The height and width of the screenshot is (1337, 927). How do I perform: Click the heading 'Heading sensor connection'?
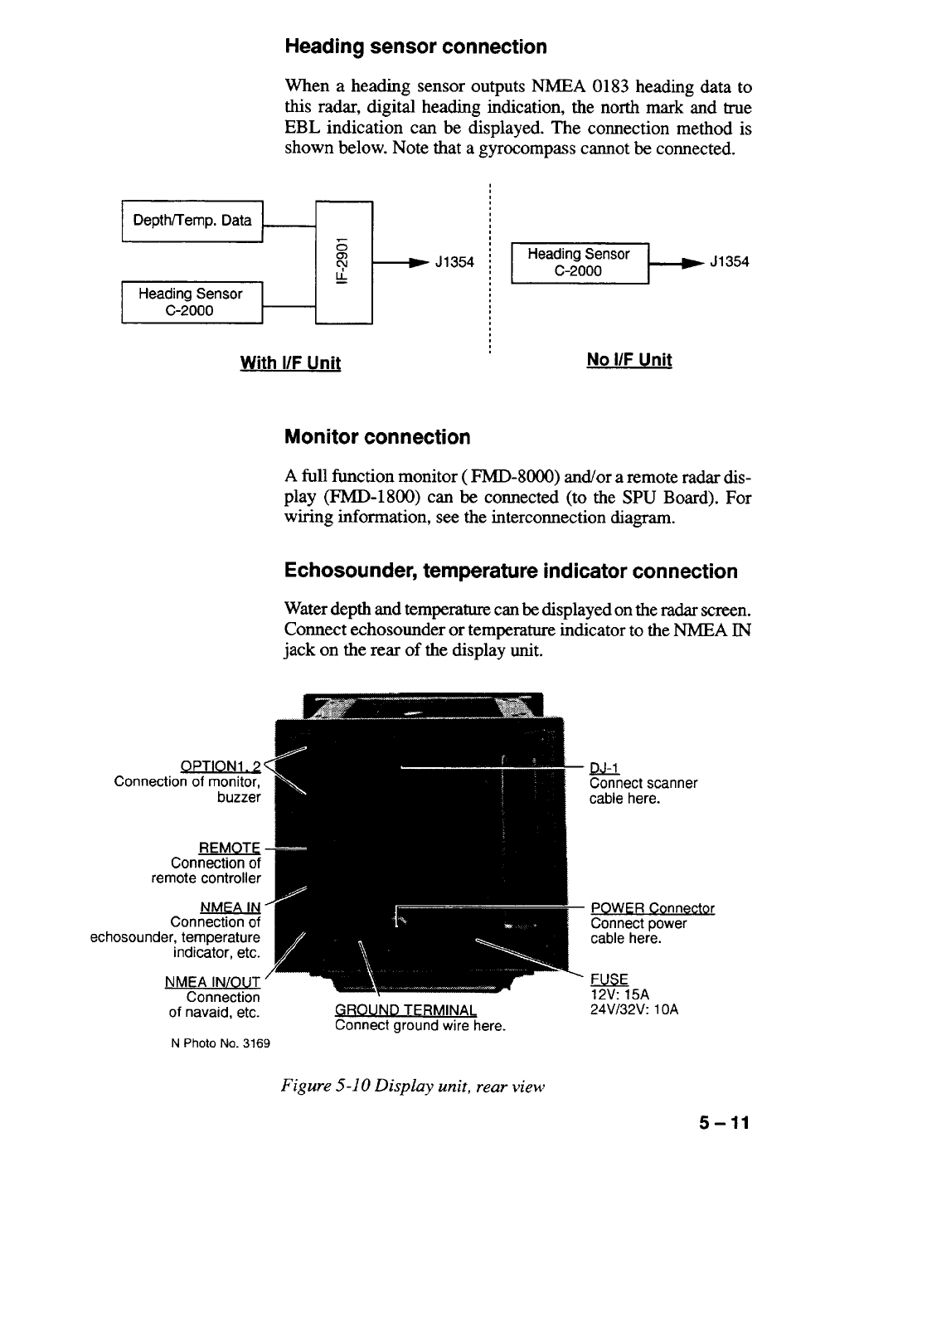(x=415, y=46)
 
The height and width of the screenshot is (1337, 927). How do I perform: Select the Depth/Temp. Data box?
(x=192, y=220)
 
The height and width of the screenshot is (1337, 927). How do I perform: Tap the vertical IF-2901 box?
(x=343, y=261)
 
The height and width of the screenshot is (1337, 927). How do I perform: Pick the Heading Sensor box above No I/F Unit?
(x=579, y=262)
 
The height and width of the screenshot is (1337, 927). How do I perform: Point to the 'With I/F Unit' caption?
(x=290, y=362)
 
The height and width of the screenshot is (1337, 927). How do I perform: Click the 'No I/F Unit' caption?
(x=629, y=359)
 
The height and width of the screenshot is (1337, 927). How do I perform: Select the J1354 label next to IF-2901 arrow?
(x=454, y=263)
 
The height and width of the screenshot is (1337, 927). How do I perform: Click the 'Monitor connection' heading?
(x=376, y=437)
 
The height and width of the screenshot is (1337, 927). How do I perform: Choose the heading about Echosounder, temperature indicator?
(x=510, y=571)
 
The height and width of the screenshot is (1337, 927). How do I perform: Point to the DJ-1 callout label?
(x=604, y=768)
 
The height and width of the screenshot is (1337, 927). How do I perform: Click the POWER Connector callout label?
(x=652, y=908)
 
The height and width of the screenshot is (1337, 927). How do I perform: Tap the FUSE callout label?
(x=609, y=979)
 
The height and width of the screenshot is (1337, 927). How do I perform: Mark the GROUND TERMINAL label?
(x=405, y=1010)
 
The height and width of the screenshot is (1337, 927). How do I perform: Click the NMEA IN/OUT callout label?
(x=213, y=982)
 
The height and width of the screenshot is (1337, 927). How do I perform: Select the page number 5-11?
(x=723, y=1124)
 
